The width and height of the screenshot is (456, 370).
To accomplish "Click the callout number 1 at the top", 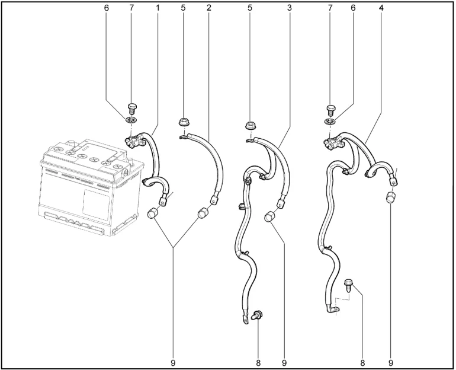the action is [x=158, y=8].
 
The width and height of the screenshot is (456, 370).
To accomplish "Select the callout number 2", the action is [x=208, y=8].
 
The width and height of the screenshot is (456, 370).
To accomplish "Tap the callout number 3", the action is [x=289, y=8].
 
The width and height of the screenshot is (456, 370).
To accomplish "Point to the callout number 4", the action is [x=381, y=8].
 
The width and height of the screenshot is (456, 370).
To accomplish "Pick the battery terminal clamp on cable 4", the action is [x=333, y=143].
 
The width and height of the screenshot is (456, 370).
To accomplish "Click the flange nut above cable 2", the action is [x=182, y=122].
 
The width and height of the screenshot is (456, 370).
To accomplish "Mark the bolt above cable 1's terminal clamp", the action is [x=132, y=109].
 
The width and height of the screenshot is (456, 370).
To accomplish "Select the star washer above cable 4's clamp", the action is [x=329, y=122].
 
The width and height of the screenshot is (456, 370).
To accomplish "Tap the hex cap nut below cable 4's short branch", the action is [x=391, y=197].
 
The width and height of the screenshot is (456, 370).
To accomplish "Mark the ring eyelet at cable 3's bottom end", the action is [x=245, y=318].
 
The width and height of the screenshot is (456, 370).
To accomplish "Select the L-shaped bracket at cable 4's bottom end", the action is [x=332, y=308].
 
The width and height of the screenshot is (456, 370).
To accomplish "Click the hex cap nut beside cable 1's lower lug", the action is [x=152, y=213].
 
